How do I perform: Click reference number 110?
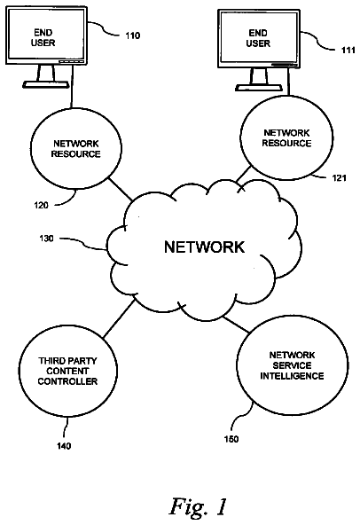pos(133,35)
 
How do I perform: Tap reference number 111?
pos(348,50)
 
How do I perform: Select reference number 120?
pos(41,205)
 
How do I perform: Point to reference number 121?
pos(339,177)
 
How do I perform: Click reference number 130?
pos(46,239)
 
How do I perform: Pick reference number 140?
pos(64,446)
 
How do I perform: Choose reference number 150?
pos(231,439)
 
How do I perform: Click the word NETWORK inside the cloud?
pos(204,247)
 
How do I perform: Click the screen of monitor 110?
pos(46,35)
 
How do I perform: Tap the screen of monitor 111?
pos(259,37)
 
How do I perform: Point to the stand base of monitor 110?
pos(46,84)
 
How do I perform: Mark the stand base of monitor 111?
pos(259,88)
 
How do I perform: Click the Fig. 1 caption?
pos(199,507)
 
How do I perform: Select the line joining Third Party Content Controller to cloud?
pos(120,318)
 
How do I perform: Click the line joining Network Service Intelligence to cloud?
pos(237,325)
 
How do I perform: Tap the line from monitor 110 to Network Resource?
pos(72,86)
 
